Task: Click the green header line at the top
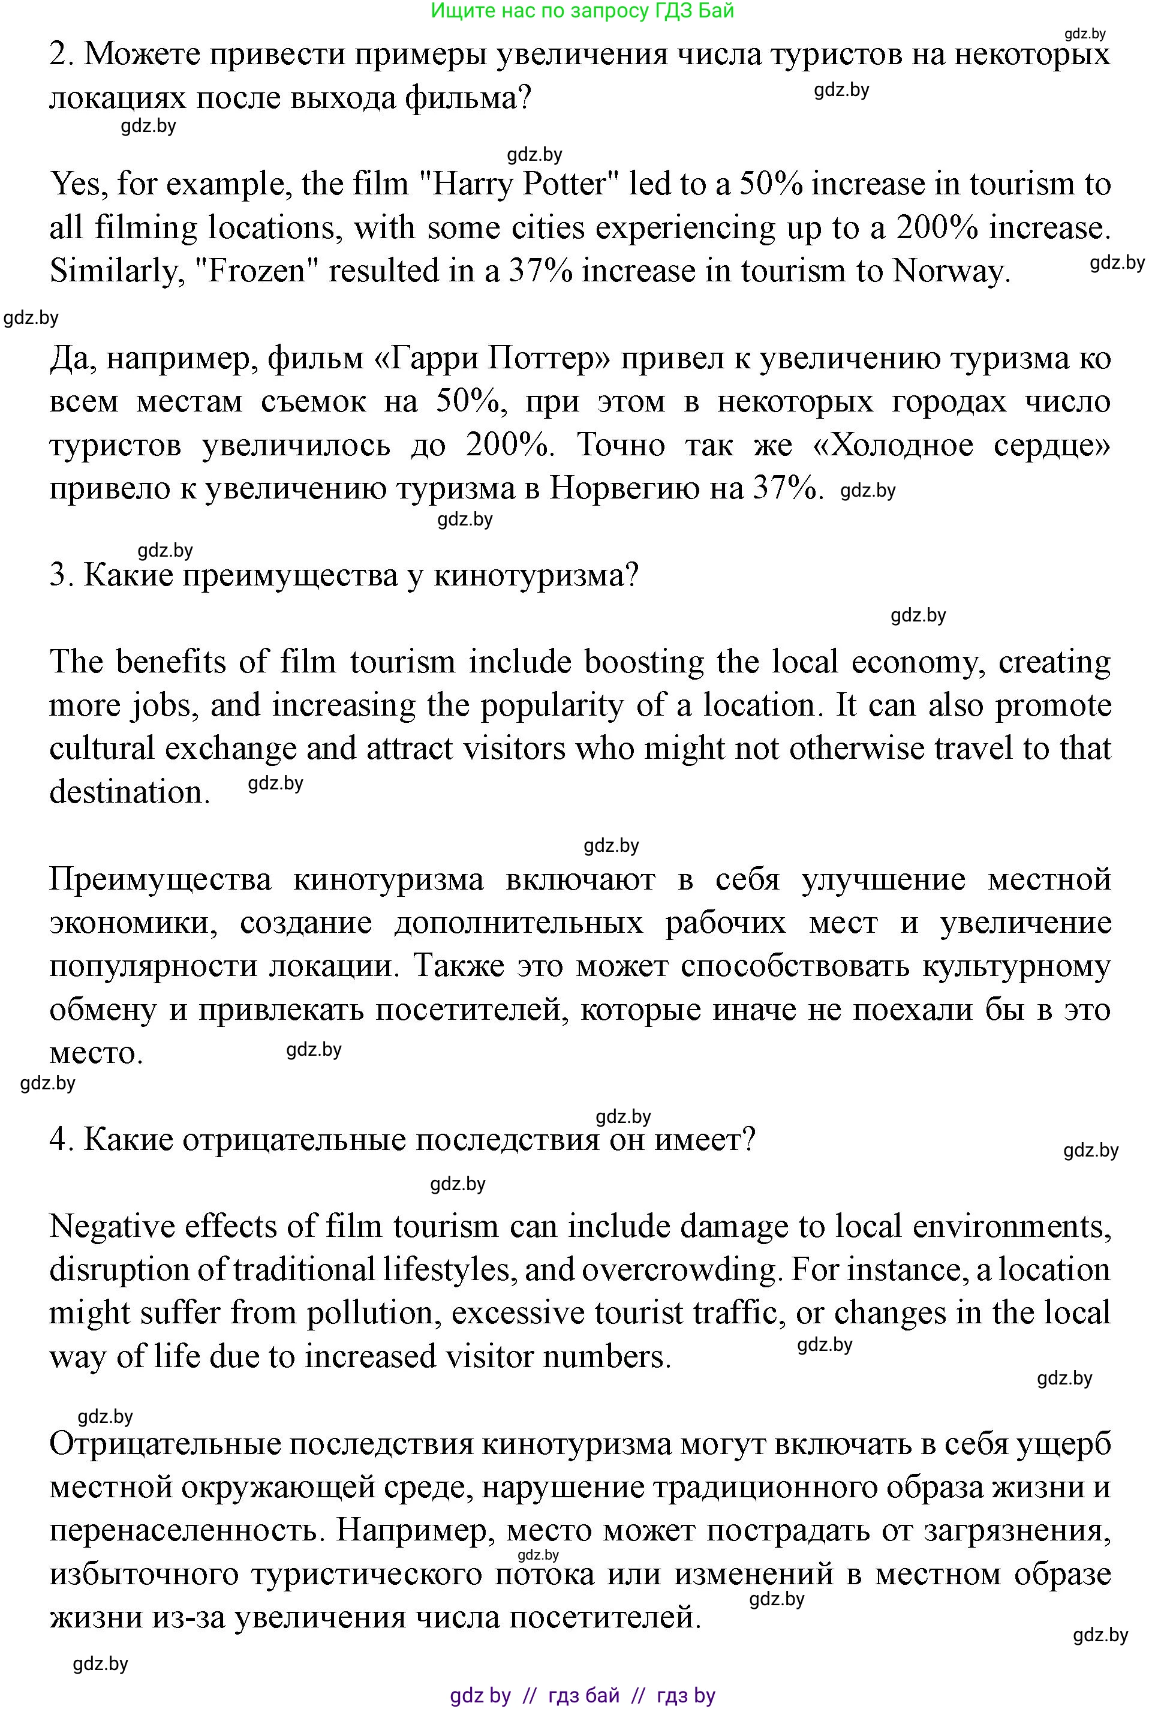pos(582,11)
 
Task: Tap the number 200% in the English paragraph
pos(937,228)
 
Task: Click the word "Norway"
pos(951,271)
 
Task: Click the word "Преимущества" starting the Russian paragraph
pos(160,880)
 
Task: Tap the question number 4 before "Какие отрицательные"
pos(59,1140)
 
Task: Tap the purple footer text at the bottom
pos(582,1696)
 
